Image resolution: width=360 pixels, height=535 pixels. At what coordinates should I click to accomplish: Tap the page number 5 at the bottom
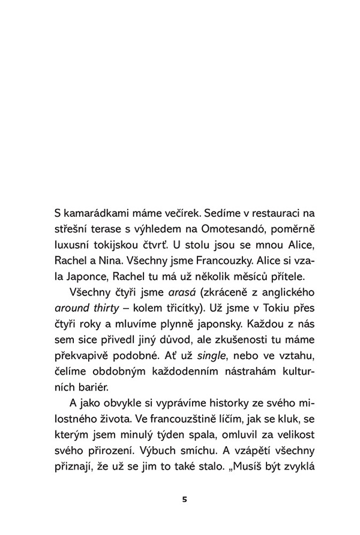click(x=185, y=500)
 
